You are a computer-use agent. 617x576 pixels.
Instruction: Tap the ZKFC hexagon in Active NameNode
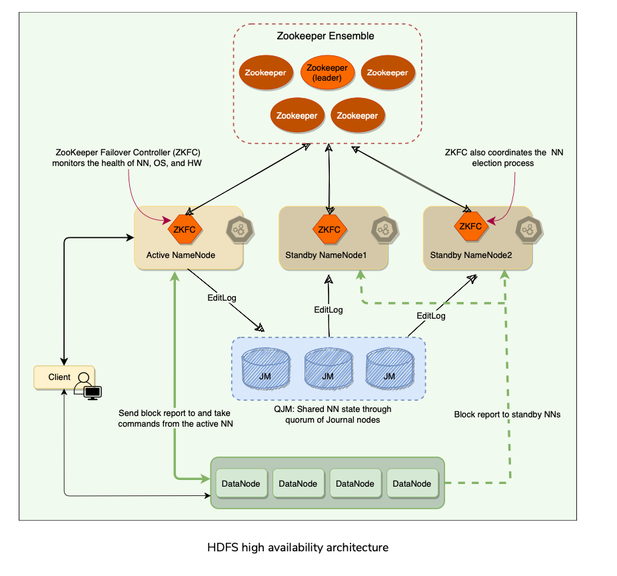pyautogui.click(x=183, y=229)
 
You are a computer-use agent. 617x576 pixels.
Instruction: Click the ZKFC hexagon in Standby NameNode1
pyautogui.click(x=328, y=229)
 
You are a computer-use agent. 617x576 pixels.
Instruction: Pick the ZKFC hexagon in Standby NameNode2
pyautogui.click(x=470, y=226)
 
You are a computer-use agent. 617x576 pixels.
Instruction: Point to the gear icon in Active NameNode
pyautogui.click(x=238, y=229)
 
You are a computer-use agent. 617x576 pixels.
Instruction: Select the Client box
pyautogui.click(x=59, y=377)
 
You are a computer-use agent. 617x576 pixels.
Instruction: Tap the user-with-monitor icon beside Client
pyautogui.click(x=87, y=385)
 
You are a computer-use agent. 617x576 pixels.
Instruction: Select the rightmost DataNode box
pyautogui.click(x=412, y=484)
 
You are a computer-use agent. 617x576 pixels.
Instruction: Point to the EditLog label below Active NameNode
pyautogui.click(x=222, y=297)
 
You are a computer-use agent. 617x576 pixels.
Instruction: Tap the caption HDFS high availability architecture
pyautogui.click(x=298, y=547)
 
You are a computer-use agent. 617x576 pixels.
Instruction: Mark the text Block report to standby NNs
pyautogui.click(x=507, y=414)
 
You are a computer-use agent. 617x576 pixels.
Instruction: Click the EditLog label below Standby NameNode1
pyautogui.click(x=328, y=310)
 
